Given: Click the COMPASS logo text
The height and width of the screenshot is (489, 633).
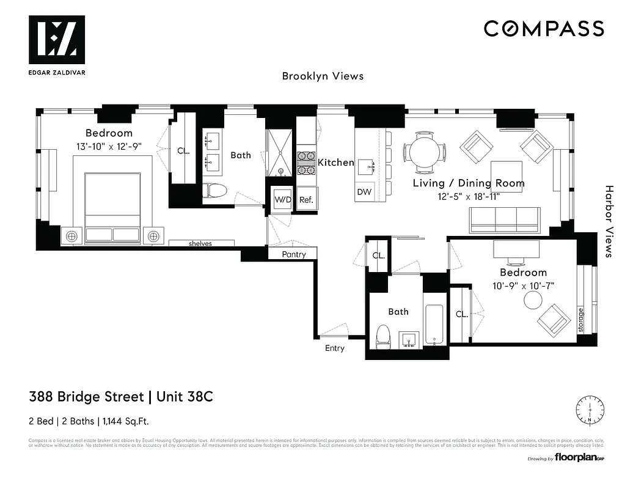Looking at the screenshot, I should pyautogui.click(x=544, y=29).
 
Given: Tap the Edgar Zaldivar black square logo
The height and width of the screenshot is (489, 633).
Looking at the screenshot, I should pyautogui.click(x=56, y=40).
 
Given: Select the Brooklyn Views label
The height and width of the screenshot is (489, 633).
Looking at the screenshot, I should pyautogui.click(x=323, y=76).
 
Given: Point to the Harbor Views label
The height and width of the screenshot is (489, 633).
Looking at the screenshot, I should pyautogui.click(x=609, y=221).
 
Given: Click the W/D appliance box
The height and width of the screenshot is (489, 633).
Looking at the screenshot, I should pyautogui.click(x=282, y=200).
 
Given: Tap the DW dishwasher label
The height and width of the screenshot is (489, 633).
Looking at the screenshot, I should pyautogui.click(x=364, y=192).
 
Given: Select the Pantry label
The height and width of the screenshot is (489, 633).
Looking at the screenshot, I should pyautogui.click(x=293, y=254).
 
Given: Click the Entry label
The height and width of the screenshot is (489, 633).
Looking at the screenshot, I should pyautogui.click(x=335, y=348).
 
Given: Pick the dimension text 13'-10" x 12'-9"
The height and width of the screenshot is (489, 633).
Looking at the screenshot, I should pyautogui.click(x=109, y=147).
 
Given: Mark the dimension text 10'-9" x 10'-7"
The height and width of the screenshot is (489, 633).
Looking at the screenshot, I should pyautogui.click(x=523, y=286).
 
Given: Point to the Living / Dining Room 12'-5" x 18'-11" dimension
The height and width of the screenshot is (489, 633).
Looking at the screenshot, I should pyautogui.click(x=469, y=197).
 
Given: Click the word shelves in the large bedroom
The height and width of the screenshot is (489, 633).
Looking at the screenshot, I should pyautogui.click(x=200, y=243).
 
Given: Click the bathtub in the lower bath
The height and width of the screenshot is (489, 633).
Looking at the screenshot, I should pyautogui.click(x=435, y=325).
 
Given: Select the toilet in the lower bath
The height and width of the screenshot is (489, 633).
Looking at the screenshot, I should pyautogui.click(x=382, y=336).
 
